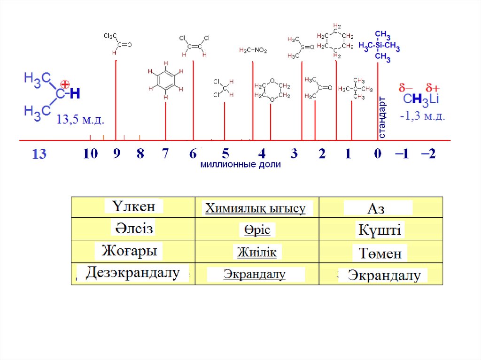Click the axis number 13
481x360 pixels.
coord(39,154)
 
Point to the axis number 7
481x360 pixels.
coord(165,153)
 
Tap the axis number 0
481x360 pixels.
coord(378,153)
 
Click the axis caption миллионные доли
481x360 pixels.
coord(240,165)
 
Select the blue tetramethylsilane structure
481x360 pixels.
coord(380,46)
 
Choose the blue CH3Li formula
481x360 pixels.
coord(421,100)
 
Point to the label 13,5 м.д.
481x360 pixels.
coord(80,120)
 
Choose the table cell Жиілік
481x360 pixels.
coord(256,252)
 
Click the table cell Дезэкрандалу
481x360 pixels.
coord(133,273)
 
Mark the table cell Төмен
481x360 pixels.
coord(380,254)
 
